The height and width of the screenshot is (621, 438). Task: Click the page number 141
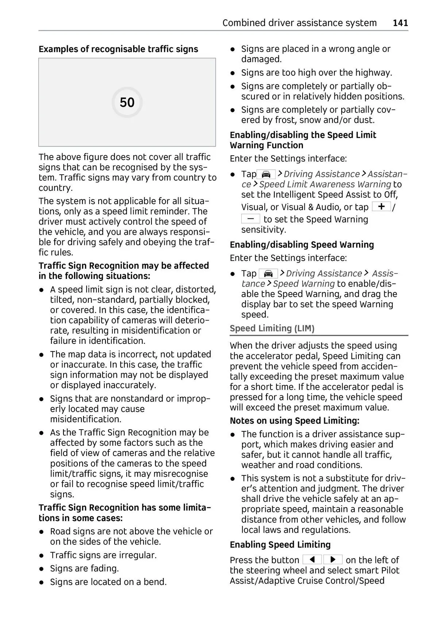point(400,23)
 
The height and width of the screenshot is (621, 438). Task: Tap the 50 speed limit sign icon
point(127,102)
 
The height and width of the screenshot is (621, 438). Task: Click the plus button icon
point(381,207)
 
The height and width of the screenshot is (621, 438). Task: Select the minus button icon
point(250,219)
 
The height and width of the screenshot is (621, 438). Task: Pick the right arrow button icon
point(333,560)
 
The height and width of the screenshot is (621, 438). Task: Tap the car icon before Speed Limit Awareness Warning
point(266,174)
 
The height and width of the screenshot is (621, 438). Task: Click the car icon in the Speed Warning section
point(268,273)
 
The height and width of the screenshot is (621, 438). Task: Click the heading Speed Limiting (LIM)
point(272,329)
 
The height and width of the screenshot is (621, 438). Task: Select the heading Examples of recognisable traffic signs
point(118,49)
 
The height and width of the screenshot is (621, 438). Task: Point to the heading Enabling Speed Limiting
point(280,545)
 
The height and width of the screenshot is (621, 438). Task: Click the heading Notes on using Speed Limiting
point(294,421)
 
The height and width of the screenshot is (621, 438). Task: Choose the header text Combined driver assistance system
point(299,23)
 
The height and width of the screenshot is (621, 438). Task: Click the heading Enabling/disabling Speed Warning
point(301,245)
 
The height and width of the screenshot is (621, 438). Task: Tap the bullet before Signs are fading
point(42,569)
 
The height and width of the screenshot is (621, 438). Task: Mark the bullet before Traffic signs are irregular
point(42,555)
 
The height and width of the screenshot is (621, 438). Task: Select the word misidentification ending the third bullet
point(85,419)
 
